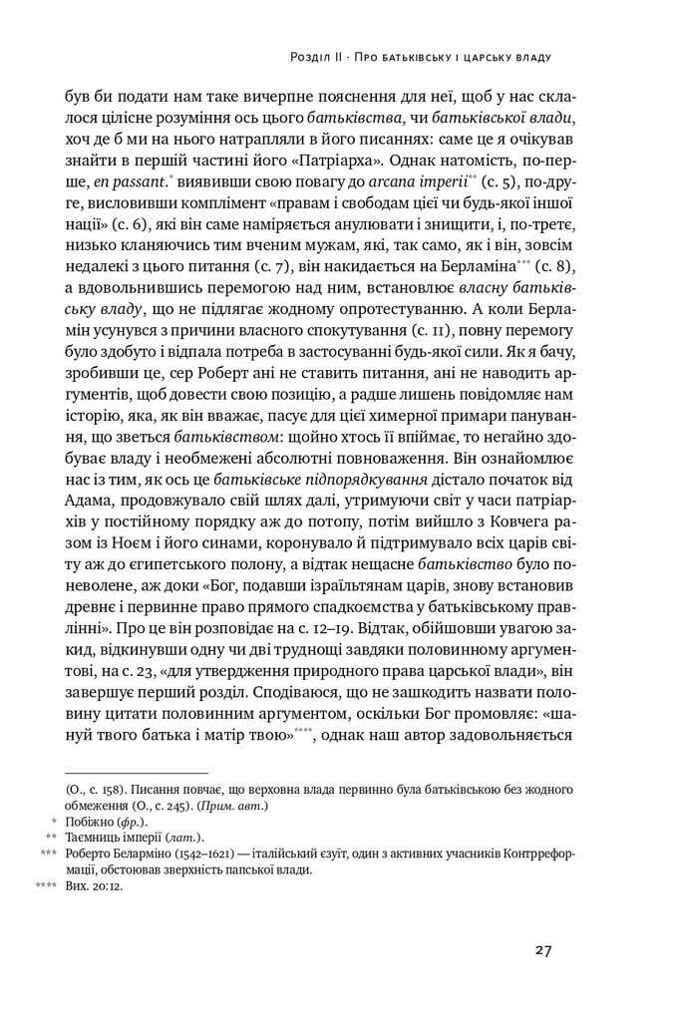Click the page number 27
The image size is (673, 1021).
(x=542, y=949)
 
